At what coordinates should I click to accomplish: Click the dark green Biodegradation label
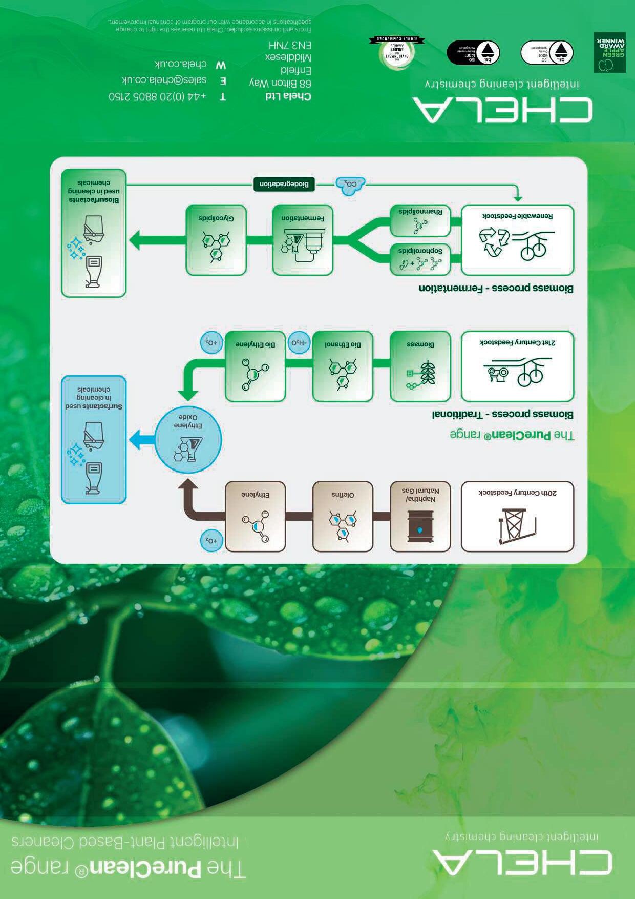point(284,185)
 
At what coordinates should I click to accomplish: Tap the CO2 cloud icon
point(350,185)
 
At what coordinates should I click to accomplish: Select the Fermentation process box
point(303,240)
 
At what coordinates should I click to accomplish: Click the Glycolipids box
point(216,240)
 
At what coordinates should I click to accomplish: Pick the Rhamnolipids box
point(420,220)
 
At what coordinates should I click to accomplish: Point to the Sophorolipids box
point(420,259)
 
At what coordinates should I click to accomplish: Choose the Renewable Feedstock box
point(517,240)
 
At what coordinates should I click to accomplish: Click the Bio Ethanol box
point(343,366)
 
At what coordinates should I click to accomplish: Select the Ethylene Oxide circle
point(188,439)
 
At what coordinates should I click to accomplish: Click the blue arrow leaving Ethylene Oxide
point(142,439)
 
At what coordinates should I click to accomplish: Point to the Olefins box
point(343,516)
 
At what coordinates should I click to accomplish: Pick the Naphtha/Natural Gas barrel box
point(420,516)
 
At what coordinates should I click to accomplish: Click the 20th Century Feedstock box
point(517,516)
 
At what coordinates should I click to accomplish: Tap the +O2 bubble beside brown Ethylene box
point(211,541)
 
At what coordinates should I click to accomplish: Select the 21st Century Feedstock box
point(517,366)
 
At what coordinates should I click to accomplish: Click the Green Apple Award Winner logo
point(609,52)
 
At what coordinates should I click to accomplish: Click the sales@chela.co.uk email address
point(164,80)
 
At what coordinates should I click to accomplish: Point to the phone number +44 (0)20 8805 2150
point(157,96)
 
